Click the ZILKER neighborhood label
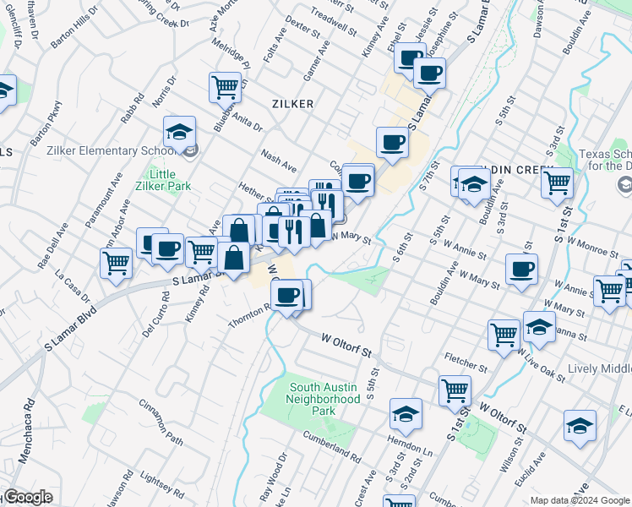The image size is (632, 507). pos(292,104)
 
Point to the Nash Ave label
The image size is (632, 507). pos(279,161)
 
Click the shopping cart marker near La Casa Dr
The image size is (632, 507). pos(116,262)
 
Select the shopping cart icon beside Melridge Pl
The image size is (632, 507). pos(226,86)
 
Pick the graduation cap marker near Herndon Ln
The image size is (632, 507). pos(406,414)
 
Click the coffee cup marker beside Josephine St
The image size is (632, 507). pos(430,74)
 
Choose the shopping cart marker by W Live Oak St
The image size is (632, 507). pos(504,335)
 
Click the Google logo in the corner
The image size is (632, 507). pos(27,497)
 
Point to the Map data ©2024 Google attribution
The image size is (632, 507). pos(580,500)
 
